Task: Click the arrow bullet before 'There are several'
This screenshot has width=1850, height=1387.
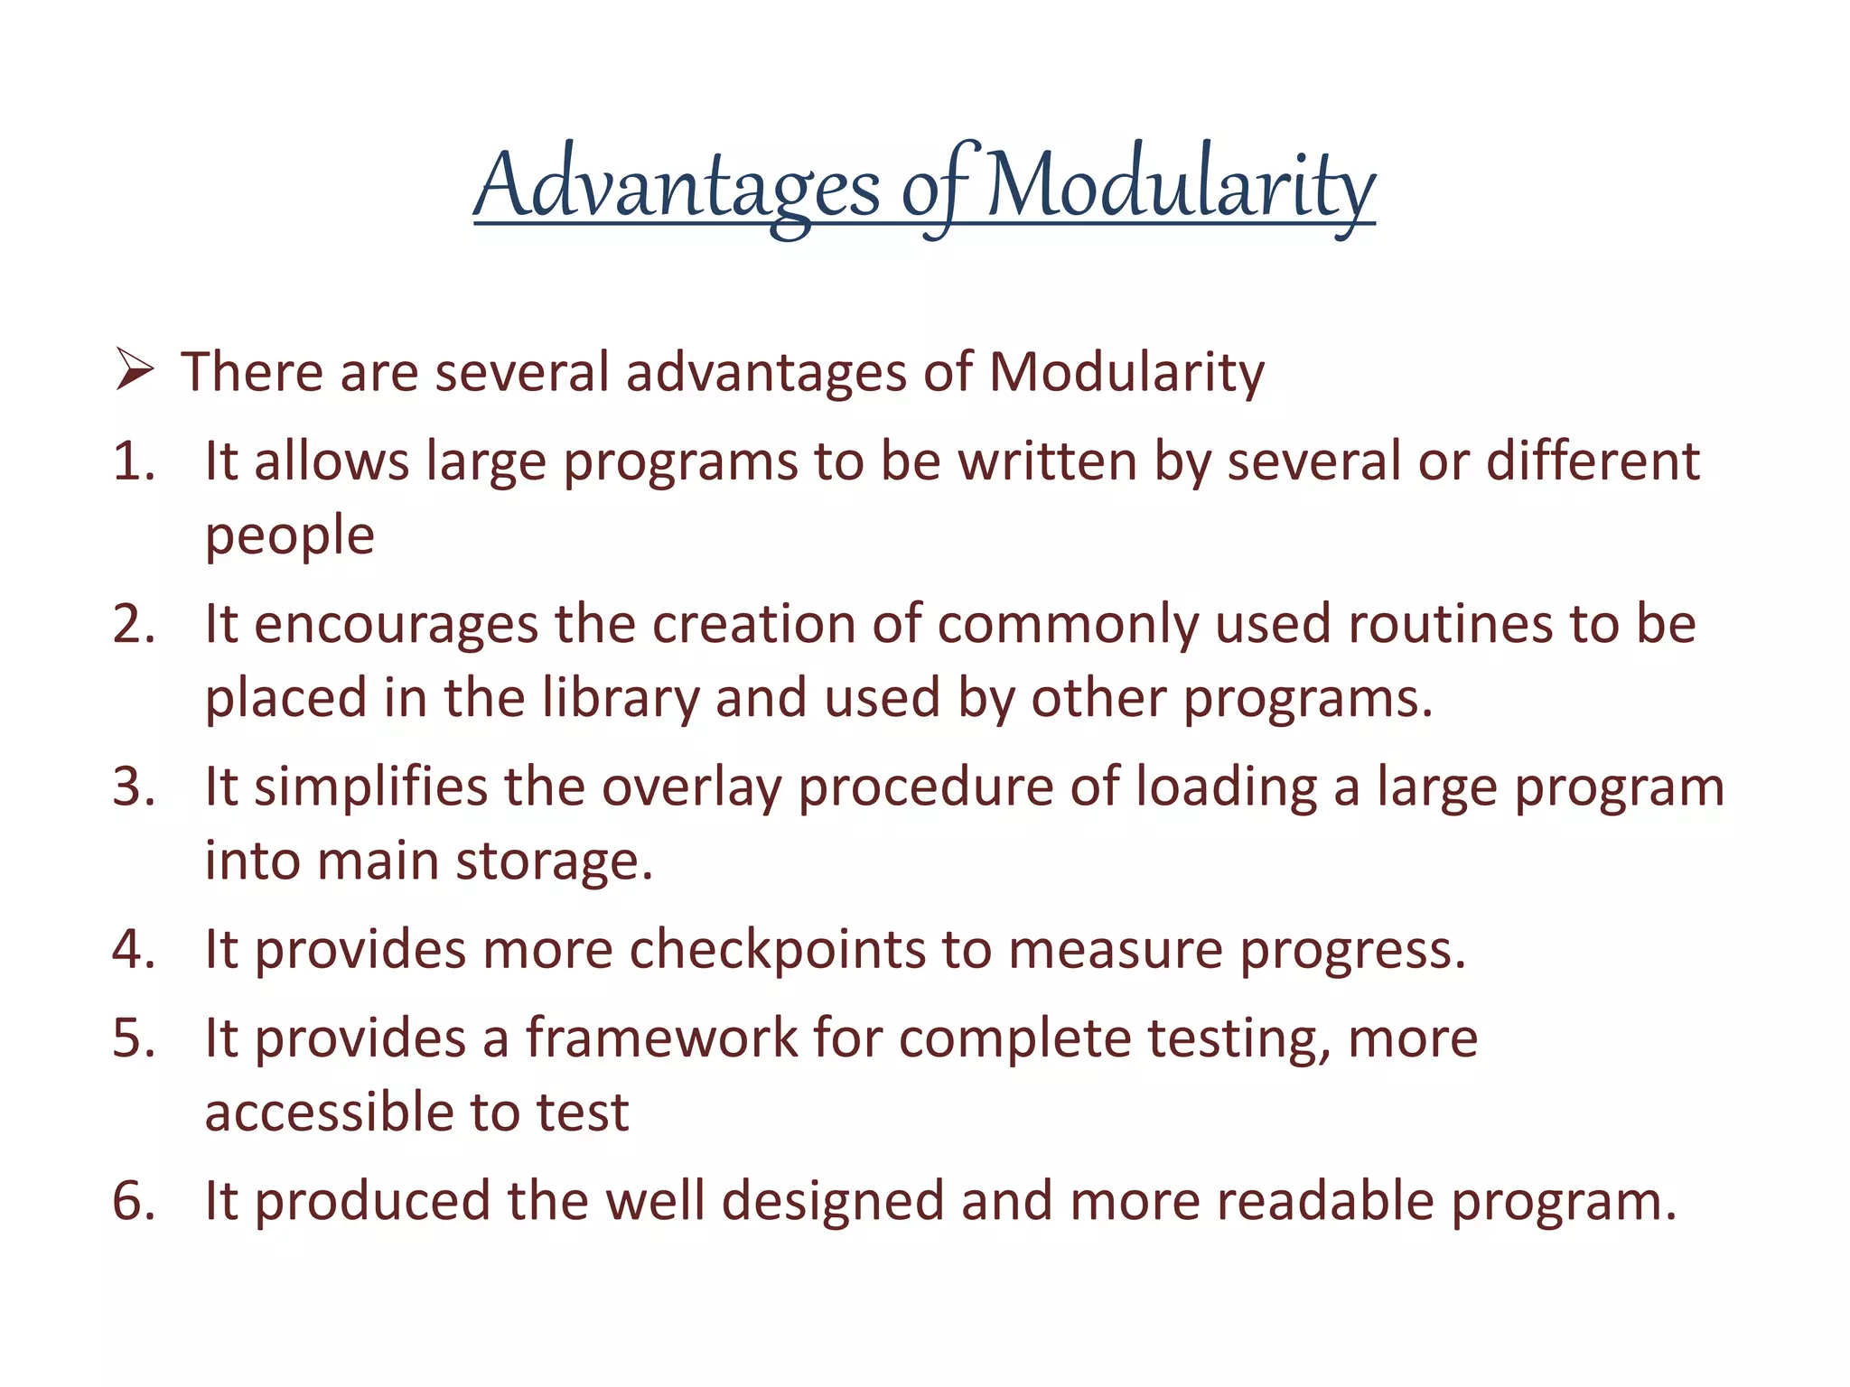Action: tap(135, 371)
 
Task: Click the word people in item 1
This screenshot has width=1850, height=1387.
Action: tap(289, 536)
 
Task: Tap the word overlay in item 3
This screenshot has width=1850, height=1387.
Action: tap(691, 787)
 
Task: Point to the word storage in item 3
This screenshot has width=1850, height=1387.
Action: tap(554, 861)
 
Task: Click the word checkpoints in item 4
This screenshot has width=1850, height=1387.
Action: tap(777, 950)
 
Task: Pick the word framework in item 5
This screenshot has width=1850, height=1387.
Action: tap(662, 1038)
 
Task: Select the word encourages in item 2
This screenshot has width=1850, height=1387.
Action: tap(396, 625)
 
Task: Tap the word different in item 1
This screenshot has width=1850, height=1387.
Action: tap(1593, 461)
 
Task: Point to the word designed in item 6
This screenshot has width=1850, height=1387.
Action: tap(832, 1202)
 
